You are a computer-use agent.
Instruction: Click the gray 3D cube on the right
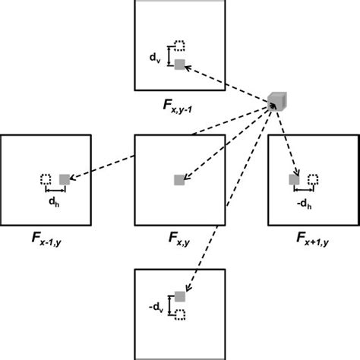(277, 100)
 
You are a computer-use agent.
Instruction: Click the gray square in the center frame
(179, 180)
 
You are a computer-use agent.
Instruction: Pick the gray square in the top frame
(180, 65)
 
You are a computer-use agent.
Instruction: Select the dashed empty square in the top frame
(180, 46)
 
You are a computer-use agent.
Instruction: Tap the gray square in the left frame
(65, 179)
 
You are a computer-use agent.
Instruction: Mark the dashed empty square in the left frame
(46, 179)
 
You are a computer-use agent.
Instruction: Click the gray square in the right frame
(294, 179)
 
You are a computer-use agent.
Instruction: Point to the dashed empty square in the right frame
(313, 179)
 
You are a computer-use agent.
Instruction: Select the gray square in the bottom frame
(180, 295)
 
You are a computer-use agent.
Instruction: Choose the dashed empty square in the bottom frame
(180, 313)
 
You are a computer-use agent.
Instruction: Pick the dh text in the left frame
(54, 203)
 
